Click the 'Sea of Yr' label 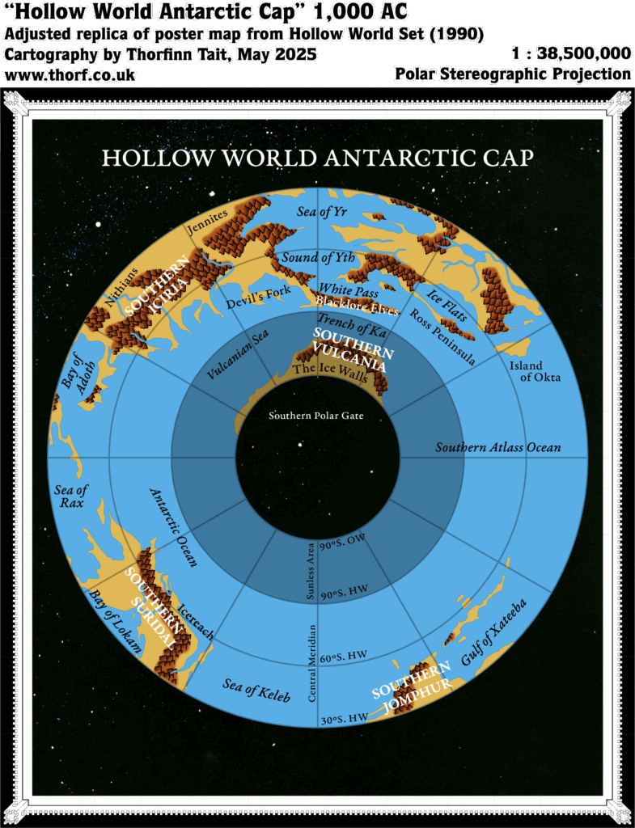click(x=349, y=214)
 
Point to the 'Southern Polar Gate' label click(x=316, y=416)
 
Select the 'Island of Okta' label click(x=535, y=371)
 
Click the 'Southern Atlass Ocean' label click(x=497, y=447)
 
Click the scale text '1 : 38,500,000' click(x=571, y=54)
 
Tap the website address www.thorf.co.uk click(x=70, y=75)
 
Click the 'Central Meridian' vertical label click(x=312, y=663)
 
